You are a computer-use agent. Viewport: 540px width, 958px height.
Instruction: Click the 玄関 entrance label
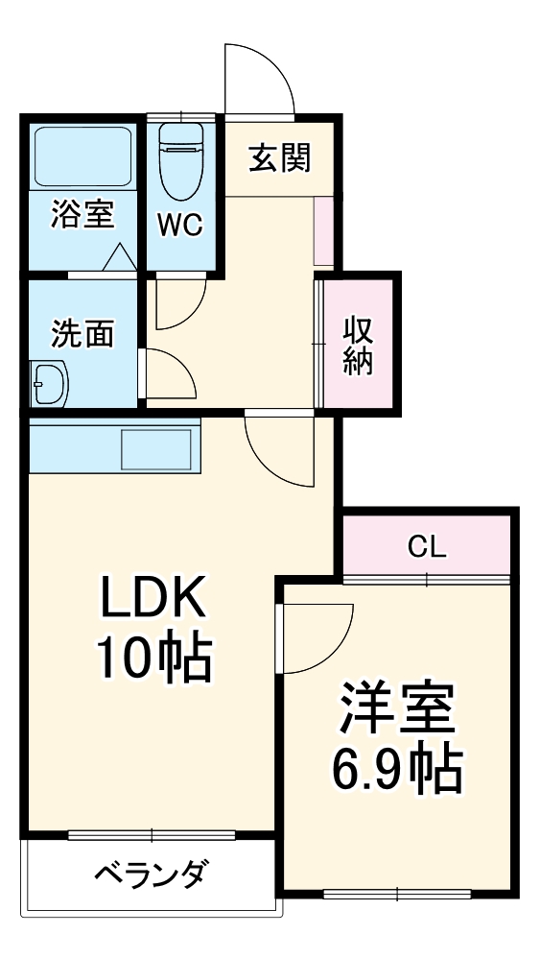(280, 156)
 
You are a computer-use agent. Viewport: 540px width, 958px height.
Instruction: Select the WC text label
(179, 225)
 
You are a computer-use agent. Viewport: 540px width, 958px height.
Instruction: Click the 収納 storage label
(358, 344)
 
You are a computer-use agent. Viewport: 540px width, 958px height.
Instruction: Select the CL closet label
(427, 546)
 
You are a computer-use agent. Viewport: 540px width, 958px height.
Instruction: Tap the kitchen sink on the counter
(155, 449)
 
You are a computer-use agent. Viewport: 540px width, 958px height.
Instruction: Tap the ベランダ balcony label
(151, 875)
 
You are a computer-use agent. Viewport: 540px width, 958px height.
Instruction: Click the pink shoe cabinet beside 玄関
(323, 230)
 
